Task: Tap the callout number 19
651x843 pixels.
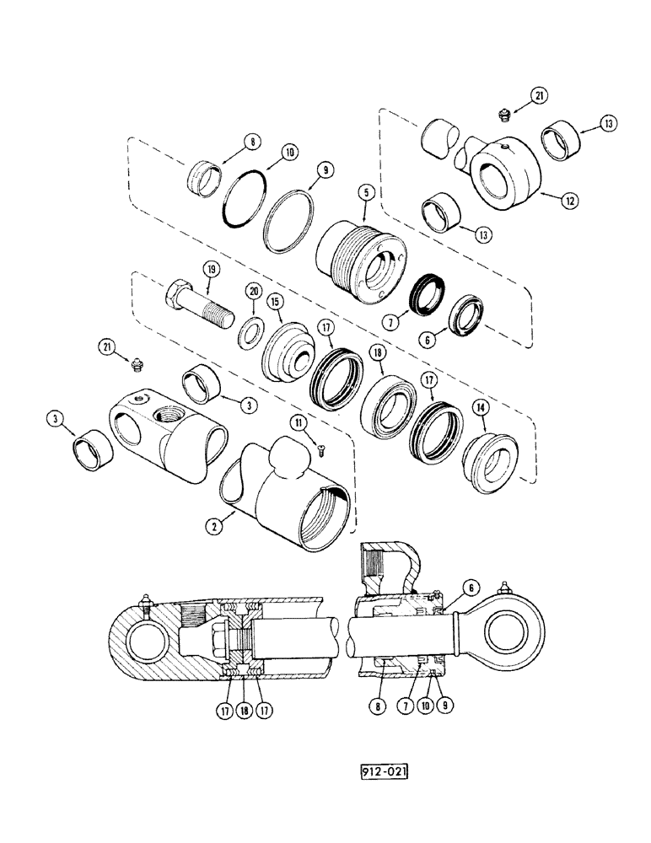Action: tap(210, 270)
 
